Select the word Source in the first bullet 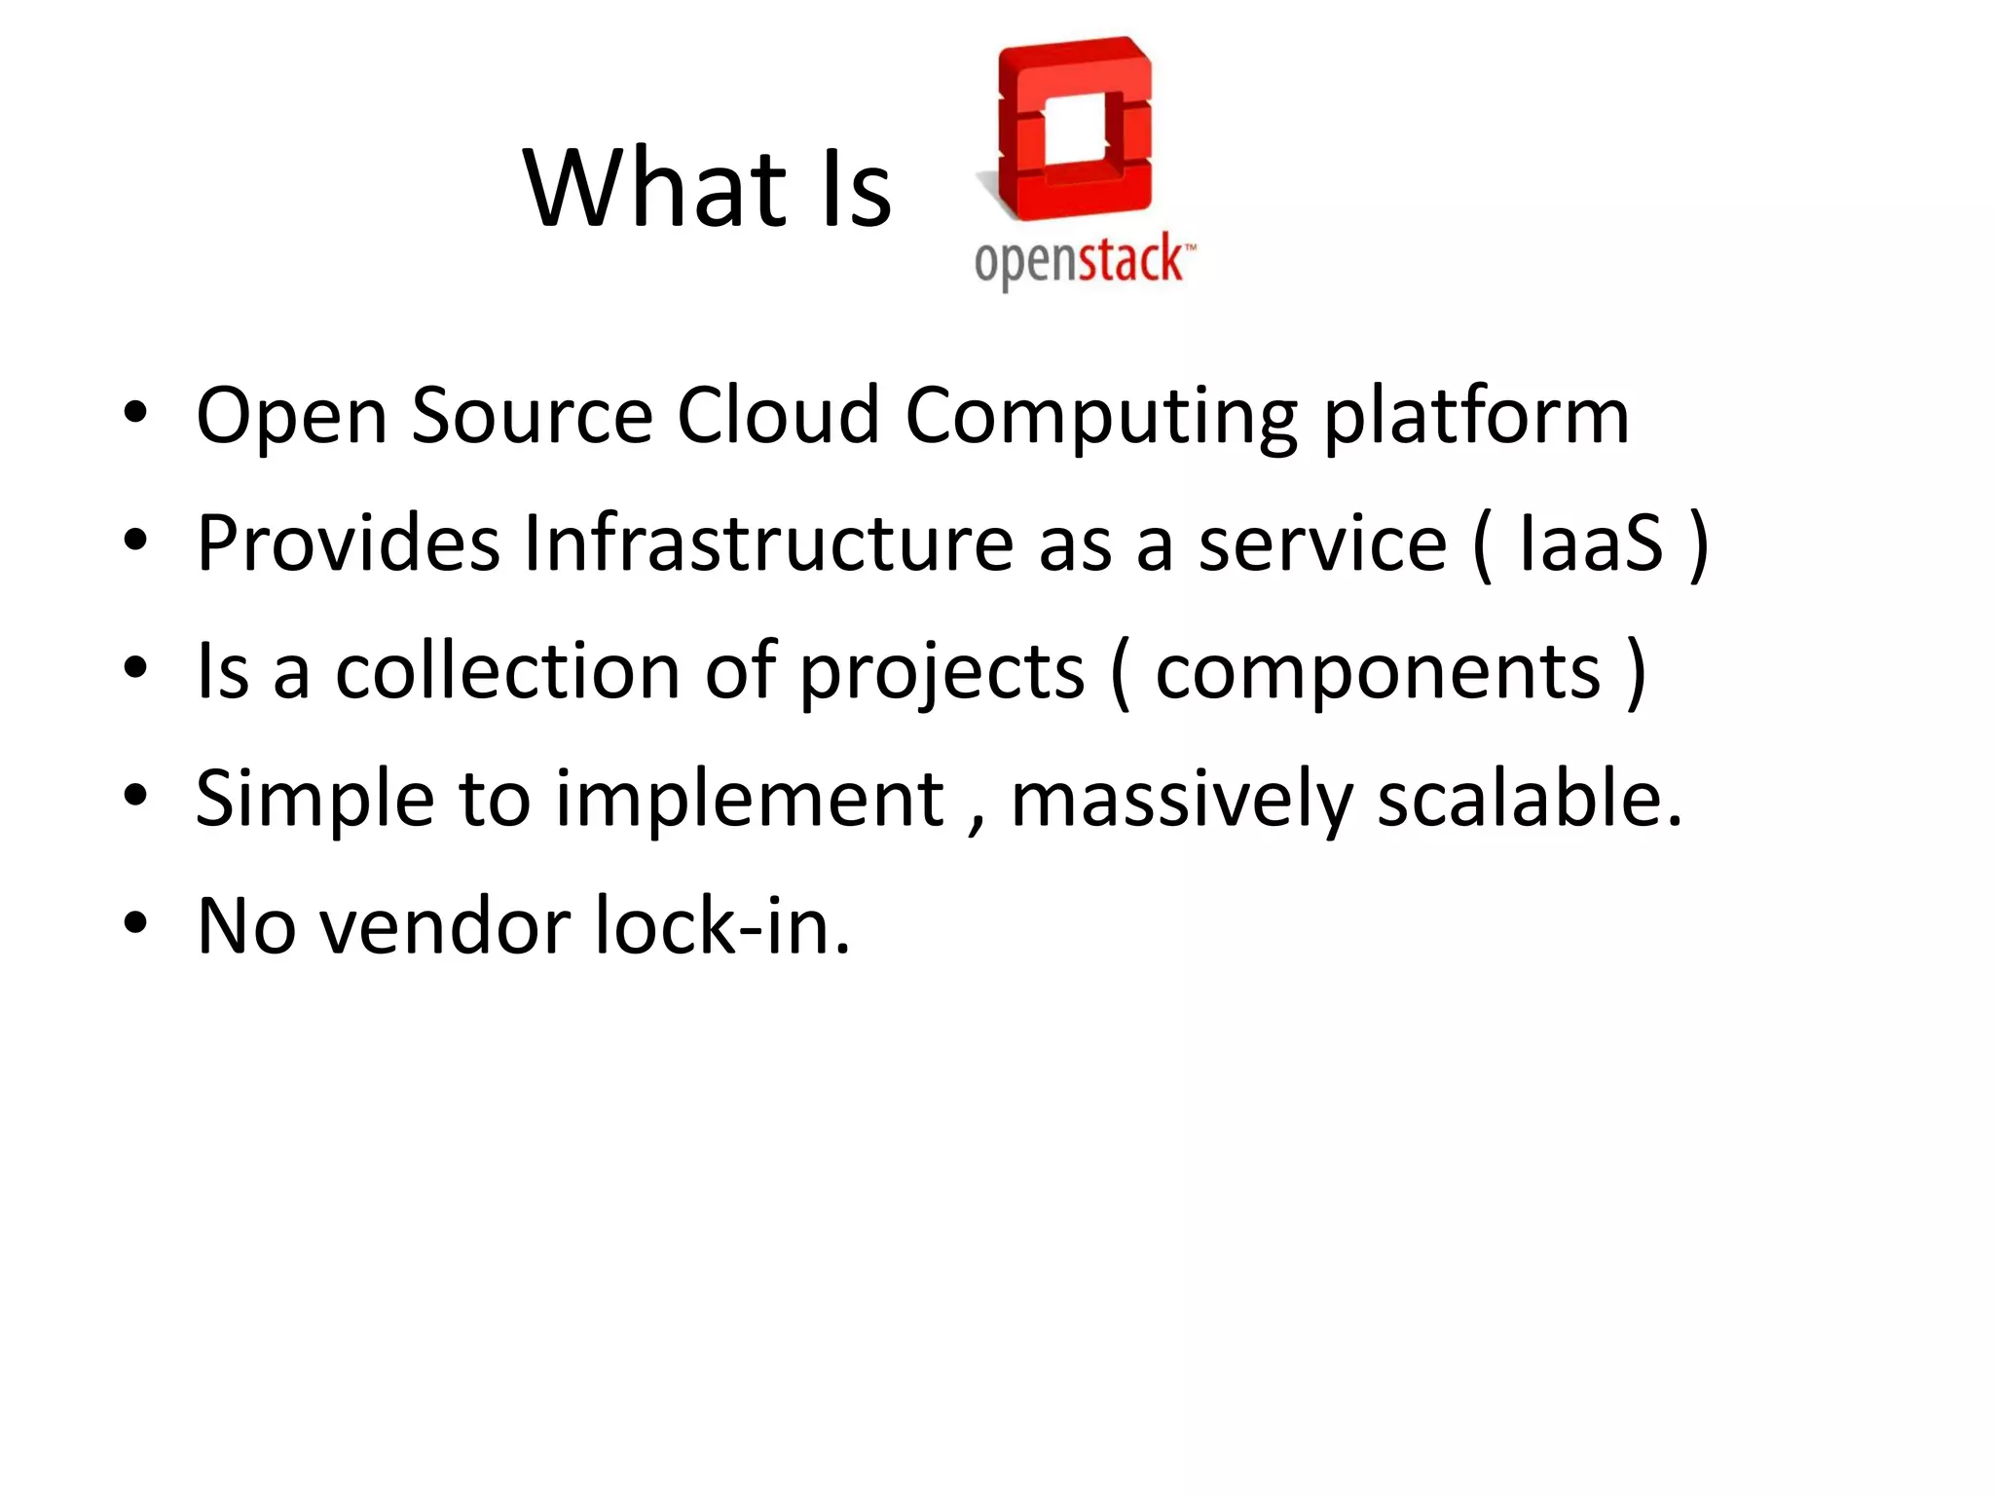532,416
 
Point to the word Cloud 778,416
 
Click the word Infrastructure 768,543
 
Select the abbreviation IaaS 1591,543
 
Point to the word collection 507,671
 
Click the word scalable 1530,799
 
